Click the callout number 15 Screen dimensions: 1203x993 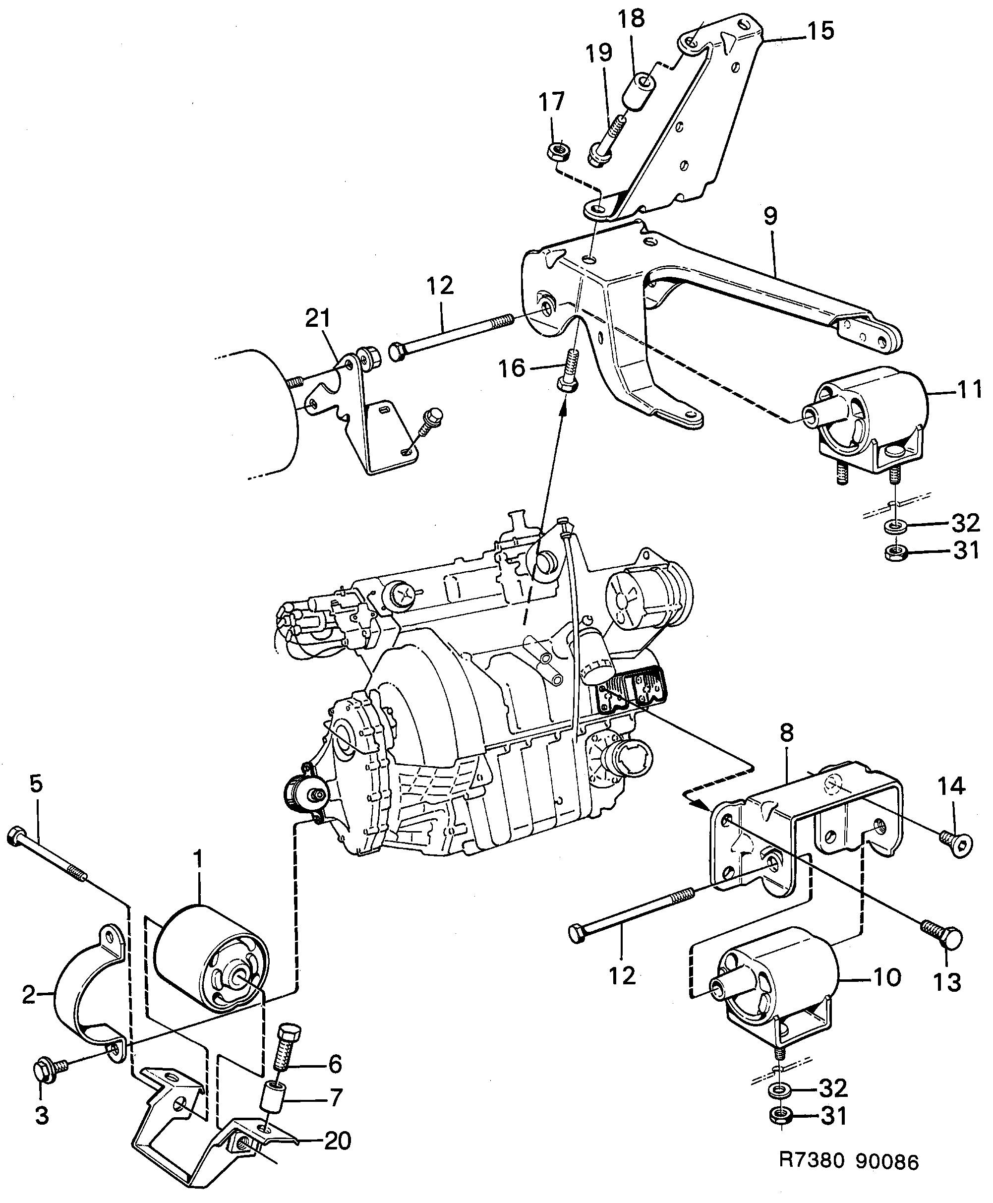[x=821, y=31]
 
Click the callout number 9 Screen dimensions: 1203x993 [x=770, y=216]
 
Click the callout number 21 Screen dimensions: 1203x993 [x=318, y=318]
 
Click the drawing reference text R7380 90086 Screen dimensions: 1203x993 [x=849, y=1162]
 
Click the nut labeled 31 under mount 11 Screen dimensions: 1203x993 [x=894, y=552]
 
